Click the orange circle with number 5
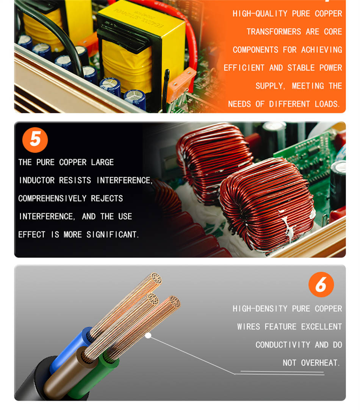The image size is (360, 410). pos(35,140)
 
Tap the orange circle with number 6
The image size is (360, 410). pos(321,284)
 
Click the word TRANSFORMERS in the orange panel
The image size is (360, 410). pos(274,31)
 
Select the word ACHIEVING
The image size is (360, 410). pos(322,50)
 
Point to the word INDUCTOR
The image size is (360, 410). pos(37,180)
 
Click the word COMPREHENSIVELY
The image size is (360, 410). pos(52,198)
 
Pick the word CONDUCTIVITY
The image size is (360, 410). pos(283,345)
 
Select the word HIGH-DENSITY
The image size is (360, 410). pos(260,309)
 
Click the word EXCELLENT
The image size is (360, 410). pos(321,327)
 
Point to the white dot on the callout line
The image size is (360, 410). pos(148,336)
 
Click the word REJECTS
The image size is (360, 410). pos(107,198)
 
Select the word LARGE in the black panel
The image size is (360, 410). pos(102,162)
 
